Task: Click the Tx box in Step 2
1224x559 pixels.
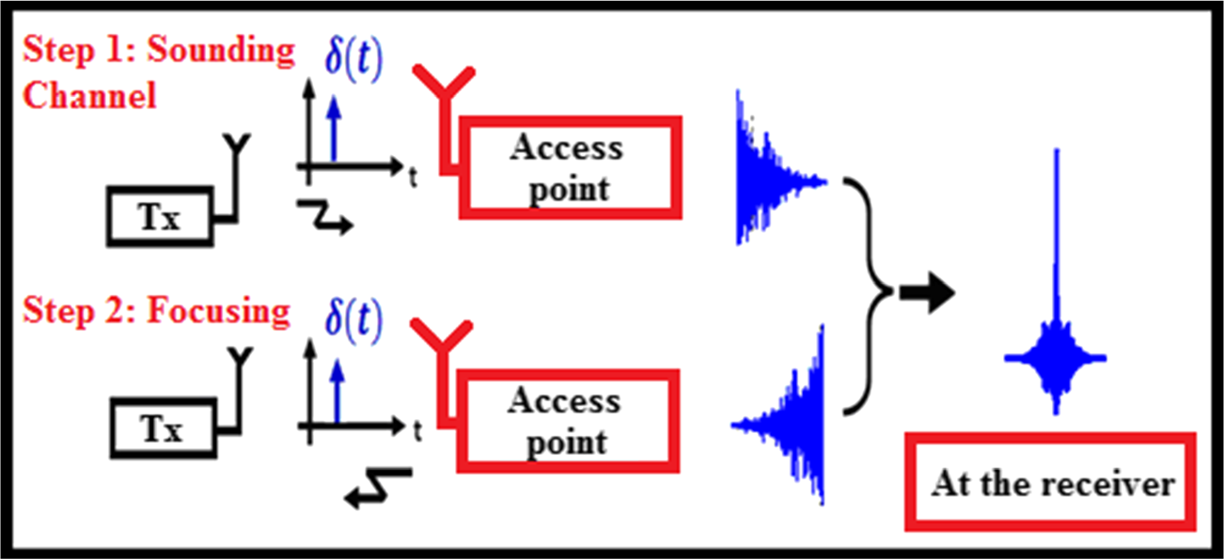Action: click(x=162, y=429)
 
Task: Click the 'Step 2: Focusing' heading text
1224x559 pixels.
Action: click(x=156, y=310)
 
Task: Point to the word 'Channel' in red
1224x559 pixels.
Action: click(x=89, y=96)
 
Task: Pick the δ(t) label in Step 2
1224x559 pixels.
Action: click(x=353, y=320)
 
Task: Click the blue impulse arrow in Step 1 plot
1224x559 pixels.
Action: click(x=331, y=131)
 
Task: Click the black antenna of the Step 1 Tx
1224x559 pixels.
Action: click(x=241, y=160)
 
